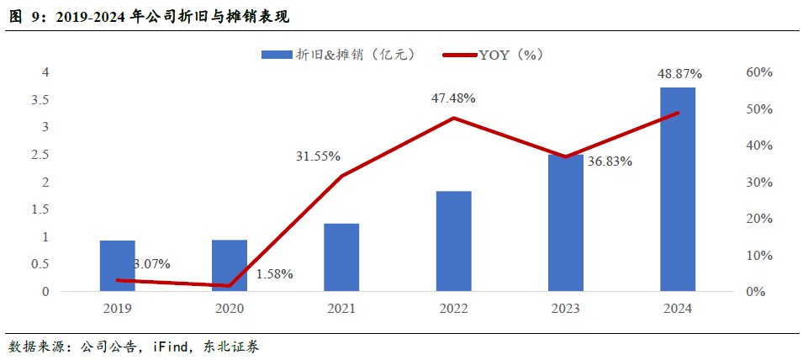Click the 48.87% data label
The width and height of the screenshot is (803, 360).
679,74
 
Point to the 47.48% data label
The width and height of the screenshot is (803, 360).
453,98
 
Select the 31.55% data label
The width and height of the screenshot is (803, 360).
318,156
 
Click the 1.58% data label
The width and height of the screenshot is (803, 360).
274,274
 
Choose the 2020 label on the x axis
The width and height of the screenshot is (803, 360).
230,309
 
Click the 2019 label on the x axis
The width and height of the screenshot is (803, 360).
118,309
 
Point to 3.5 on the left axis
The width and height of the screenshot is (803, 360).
40,100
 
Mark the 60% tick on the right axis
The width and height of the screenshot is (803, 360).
759,72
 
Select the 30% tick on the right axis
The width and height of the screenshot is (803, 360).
759,183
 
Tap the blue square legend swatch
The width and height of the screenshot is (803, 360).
276,55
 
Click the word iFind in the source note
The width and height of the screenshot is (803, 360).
171,347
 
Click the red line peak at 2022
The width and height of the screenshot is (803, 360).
453,118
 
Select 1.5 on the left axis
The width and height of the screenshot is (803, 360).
40,209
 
